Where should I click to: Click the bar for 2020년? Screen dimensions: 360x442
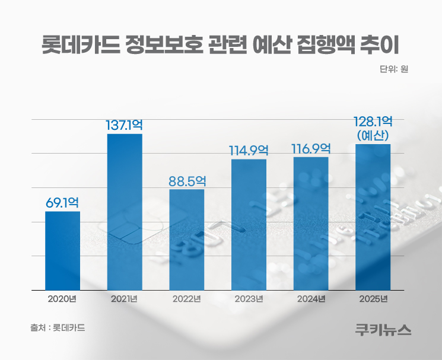click(x=62, y=250)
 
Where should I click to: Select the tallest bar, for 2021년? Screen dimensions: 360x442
click(x=125, y=212)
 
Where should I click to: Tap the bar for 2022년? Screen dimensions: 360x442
click(x=187, y=240)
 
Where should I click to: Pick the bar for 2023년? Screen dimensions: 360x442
click(x=249, y=224)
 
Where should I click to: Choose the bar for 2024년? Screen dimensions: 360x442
click(x=311, y=223)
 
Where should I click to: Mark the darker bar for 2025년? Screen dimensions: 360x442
click(x=373, y=216)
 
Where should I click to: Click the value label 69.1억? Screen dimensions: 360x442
click(x=62, y=202)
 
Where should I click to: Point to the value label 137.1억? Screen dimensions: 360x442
click(x=124, y=125)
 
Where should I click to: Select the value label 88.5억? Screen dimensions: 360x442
click(x=187, y=180)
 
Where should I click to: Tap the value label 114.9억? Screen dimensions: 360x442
click(x=249, y=150)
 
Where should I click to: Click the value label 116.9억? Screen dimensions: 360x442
click(x=311, y=148)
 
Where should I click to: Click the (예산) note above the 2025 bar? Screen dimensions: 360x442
click(x=373, y=136)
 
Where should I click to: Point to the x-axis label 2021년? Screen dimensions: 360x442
click(x=124, y=298)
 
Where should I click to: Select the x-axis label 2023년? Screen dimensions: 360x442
click(x=249, y=298)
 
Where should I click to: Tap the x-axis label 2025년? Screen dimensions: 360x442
click(x=373, y=298)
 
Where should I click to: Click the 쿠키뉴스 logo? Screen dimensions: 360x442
click(x=383, y=330)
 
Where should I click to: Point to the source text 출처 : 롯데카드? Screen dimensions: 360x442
click(x=57, y=327)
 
